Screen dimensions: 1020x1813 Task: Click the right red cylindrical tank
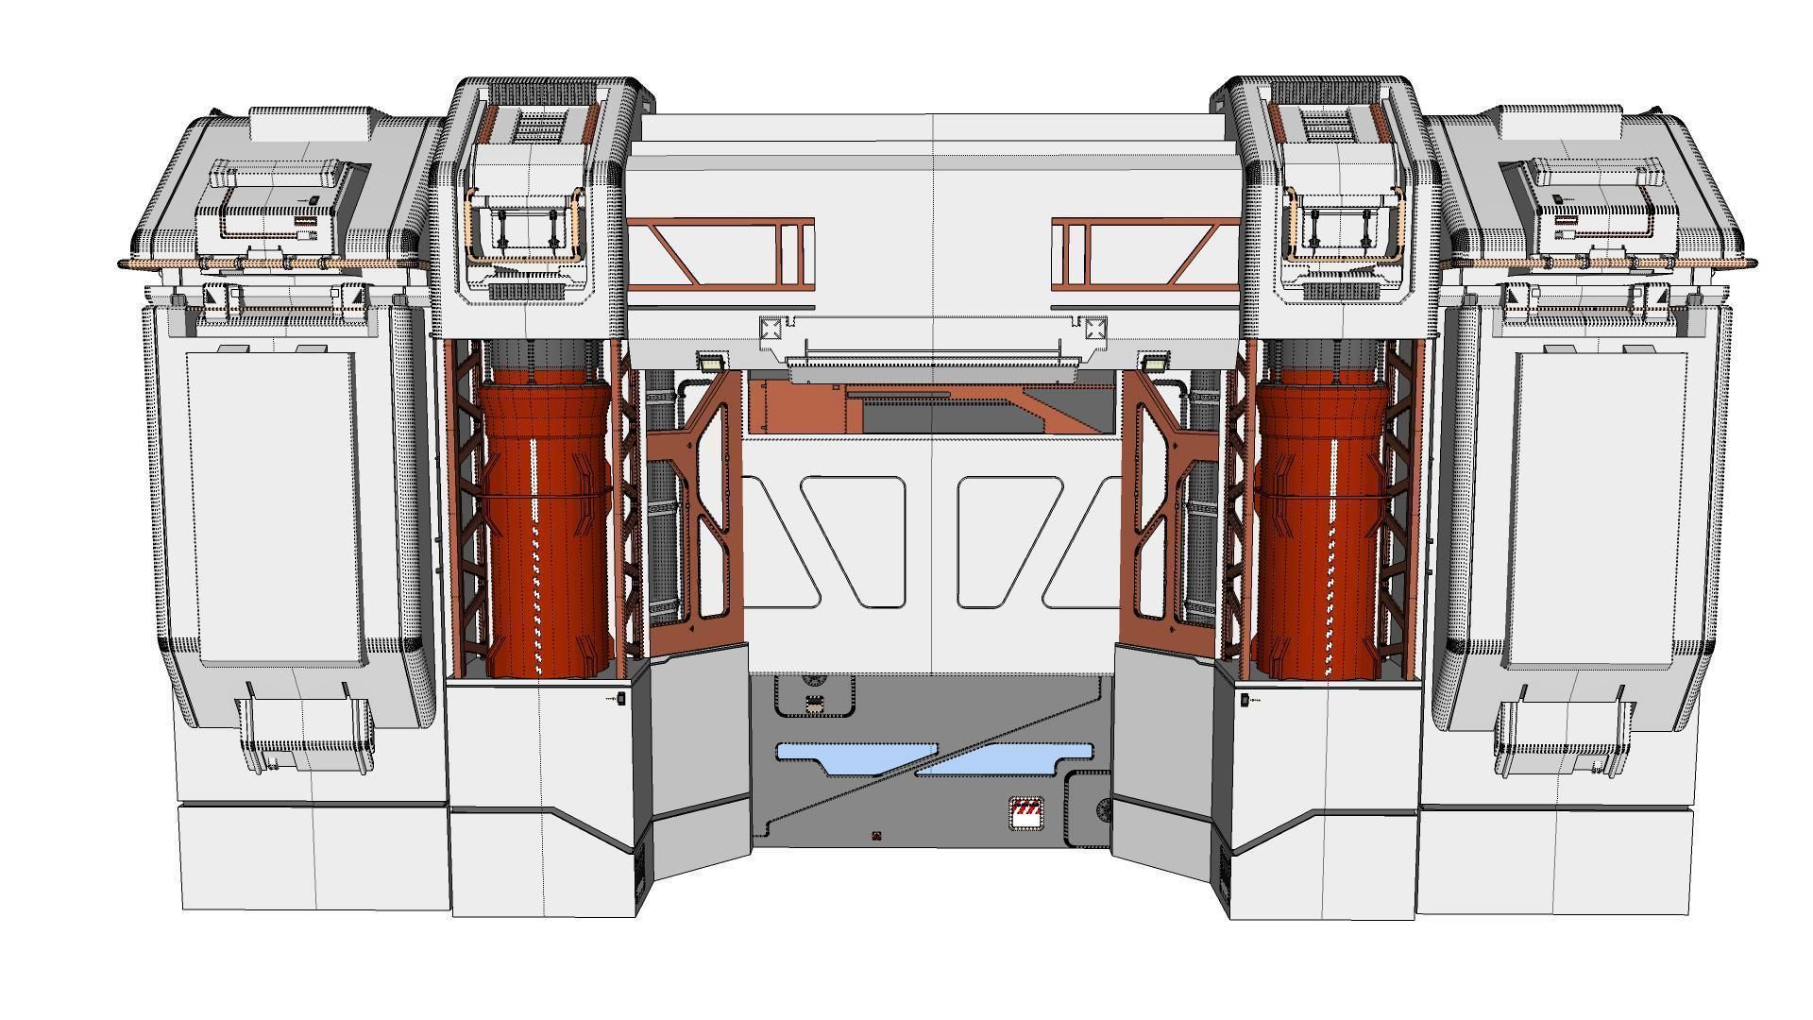(x=1322, y=529)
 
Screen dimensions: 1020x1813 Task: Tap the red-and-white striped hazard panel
(x=1027, y=813)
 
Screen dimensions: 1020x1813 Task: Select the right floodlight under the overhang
(x=1152, y=361)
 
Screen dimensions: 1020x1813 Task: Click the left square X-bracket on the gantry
(x=771, y=329)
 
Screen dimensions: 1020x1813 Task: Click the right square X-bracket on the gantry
(x=1094, y=329)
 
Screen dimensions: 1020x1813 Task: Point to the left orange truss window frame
(x=720, y=253)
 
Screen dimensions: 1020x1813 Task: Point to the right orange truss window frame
(x=1145, y=253)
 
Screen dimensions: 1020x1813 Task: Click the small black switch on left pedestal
(x=621, y=699)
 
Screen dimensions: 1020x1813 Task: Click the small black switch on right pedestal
(x=1245, y=699)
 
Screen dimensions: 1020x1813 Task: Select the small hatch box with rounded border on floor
(x=814, y=705)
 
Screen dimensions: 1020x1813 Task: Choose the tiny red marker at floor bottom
(x=876, y=835)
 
